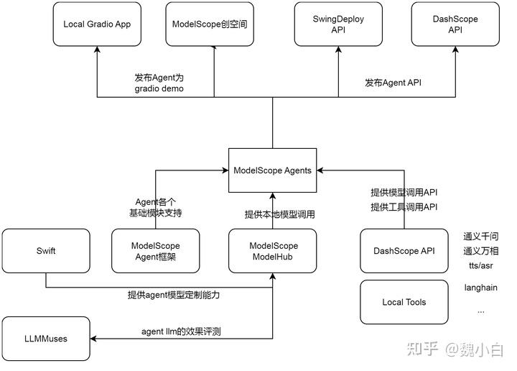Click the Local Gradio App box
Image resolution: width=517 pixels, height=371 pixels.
tap(97, 24)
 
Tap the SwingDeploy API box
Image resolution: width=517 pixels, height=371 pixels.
tap(338, 24)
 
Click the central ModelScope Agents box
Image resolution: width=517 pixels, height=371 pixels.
tap(273, 170)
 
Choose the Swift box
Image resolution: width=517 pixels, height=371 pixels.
tap(46, 251)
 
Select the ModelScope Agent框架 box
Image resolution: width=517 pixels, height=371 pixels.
tap(156, 251)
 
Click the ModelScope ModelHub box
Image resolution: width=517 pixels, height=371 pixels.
tap(273, 251)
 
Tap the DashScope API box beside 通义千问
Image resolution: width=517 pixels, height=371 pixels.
tap(404, 251)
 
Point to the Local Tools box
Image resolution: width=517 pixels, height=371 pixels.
tap(404, 302)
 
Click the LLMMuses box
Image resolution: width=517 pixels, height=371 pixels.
tap(46, 338)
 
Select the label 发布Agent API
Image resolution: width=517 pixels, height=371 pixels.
tap(393, 83)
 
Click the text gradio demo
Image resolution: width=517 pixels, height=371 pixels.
tap(159, 88)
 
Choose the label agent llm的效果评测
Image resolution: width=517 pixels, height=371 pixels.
tap(180, 331)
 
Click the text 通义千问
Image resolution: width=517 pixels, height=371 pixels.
tap(481, 237)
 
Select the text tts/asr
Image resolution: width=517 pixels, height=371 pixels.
tap(481, 265)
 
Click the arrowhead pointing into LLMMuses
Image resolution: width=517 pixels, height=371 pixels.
tap(94, 338)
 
